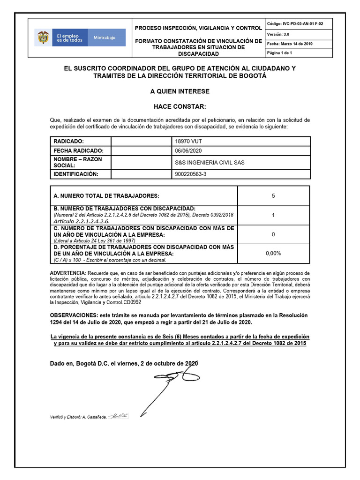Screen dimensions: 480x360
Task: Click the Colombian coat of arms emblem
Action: pyautogui.click(x=43, y=38)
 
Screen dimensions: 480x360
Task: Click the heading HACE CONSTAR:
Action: pyautogui.click(x=180, y=107)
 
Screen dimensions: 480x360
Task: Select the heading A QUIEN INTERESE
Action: pyautogui.click(x=180, y=91)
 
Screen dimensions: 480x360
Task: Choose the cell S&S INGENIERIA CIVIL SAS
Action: pyautogui.click(x=209, y=163)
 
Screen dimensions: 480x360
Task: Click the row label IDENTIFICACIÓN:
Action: pyautogui.click(x=76, y=174)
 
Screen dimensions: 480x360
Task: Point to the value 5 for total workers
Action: pyautogui.click(x=273, y=195)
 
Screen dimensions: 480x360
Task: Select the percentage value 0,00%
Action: pyautogui.click(x=273, y=253)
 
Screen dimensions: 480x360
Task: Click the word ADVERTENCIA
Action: pyautogui.click(x=67, y=273)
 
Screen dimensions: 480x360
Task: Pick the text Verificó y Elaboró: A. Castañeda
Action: pyautogui.click(x=78, y=416)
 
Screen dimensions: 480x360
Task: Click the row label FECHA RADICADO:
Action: pyautogui.click(x=78, y=150)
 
